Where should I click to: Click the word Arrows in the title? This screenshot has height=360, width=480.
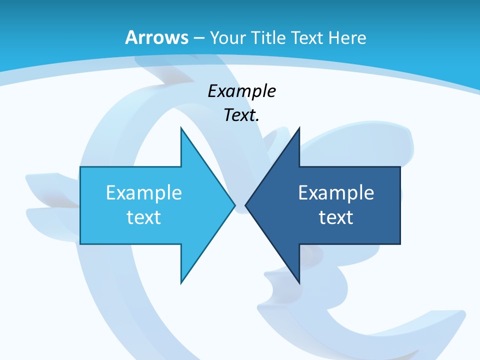tap(156, 37)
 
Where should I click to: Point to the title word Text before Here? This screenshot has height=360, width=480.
tap(307, 37)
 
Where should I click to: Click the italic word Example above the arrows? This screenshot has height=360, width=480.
tap(241, 91)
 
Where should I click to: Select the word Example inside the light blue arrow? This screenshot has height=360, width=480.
tap(144, 192)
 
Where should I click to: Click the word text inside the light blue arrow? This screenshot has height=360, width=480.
tap(144, 217)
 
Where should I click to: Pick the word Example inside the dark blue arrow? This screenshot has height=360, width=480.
tap(336, 192)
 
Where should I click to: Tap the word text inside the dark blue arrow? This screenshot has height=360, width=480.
tap(336, 217)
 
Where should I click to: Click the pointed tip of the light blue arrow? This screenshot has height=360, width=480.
tap(234, 205)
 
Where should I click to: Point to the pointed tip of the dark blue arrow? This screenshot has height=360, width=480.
tap(245, 205)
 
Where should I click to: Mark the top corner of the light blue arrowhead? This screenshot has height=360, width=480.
tap(181, 128)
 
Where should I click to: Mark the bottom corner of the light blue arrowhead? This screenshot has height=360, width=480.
tap(181, 282)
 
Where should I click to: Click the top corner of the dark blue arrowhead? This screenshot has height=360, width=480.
tap(299, 128)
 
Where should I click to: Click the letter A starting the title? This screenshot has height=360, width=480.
tap(131, 37)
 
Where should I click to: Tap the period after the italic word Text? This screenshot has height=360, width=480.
tap(257, 120)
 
